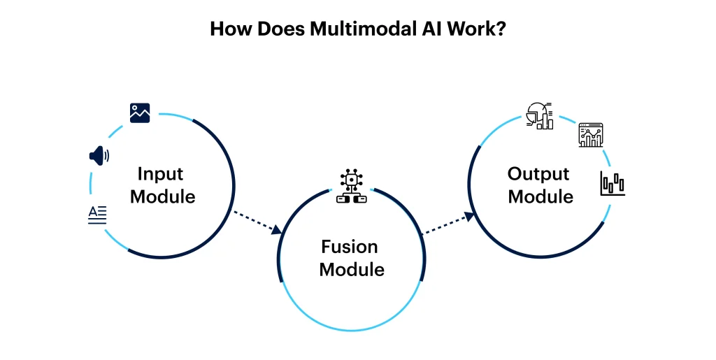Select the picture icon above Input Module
click(x=140, y=113)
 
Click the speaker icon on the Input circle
click(x=99, y=155)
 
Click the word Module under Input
click(x=163, y=196)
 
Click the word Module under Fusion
click(x=352, y=269)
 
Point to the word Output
click(x=538, y=174)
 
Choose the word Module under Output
click(x=540, y=196)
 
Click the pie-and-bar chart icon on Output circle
click(x=539, y=115)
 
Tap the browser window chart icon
click(x=591, y=135)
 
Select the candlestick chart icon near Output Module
click(x=613, y=183)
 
